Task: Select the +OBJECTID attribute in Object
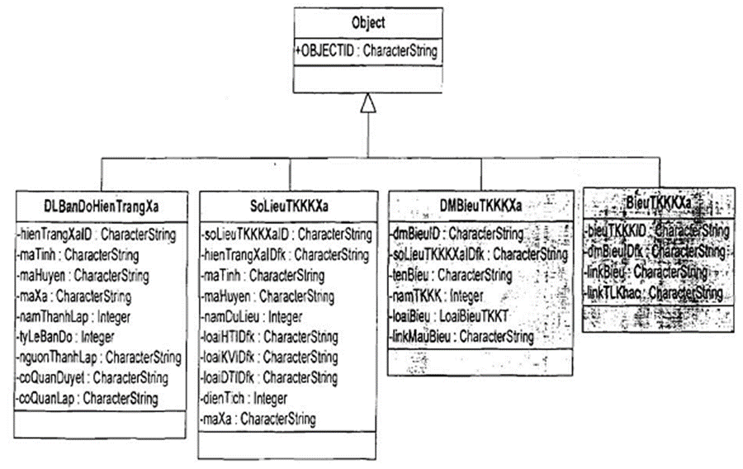pyautogui.click(x=366, y=51)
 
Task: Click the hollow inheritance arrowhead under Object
pyautogui.click(x=367, y=102)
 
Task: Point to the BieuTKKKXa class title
pyautogui.click(x=657, y=202)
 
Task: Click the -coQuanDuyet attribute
pyautogui.click(x=92, y=378)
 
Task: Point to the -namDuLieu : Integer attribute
pyautogui.click(x=252, y=316)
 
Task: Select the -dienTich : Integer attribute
pyautogui.click(x=244, y=399)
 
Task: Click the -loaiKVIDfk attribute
pyautogui.click(x=269, y=358)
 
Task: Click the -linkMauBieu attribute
pyautogui.click(x=461, y=336)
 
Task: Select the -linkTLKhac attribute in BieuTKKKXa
pyautogui.click(x=654, y=292)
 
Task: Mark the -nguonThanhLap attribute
pyautogui.click(x=98, y=358)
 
